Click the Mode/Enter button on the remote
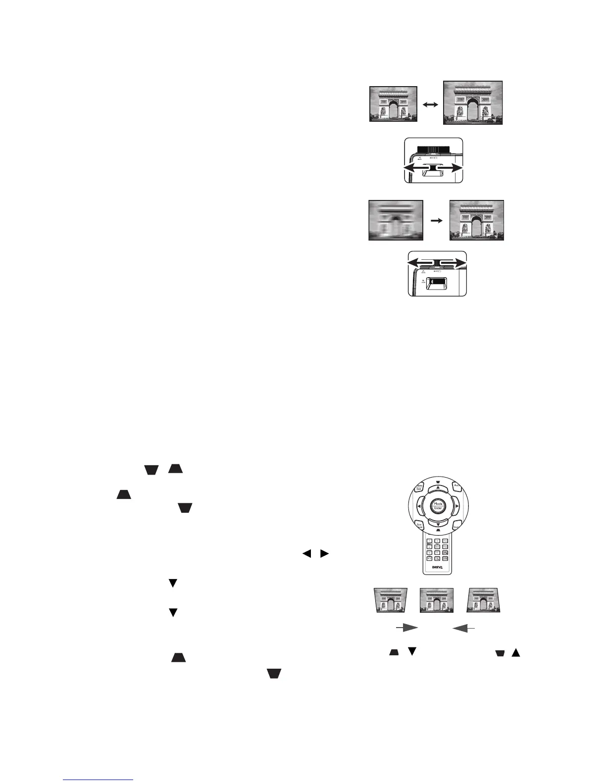438,506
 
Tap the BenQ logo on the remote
438,567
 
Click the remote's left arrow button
419,506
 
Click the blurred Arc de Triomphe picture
396,220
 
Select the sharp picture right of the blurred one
476,220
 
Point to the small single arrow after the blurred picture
436,221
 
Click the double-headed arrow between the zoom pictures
430,105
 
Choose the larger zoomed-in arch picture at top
473,102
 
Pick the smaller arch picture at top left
394,104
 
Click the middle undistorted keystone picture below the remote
437,601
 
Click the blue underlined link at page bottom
99,779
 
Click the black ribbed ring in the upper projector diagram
433,148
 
